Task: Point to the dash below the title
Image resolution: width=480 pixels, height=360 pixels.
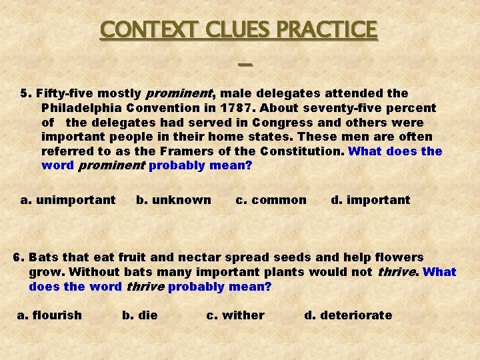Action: click(x=245, y=65)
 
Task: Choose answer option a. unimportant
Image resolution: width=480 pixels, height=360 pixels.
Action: click(x=68, y=200)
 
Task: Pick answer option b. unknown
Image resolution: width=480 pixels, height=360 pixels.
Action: click(x=173, y=200)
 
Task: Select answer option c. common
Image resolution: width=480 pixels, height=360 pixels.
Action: click(x=271, y=200)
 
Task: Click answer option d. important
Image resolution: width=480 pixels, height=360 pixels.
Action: click(x=371, y=200)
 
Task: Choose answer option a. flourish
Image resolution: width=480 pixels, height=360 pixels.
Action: click(x=49, y=315)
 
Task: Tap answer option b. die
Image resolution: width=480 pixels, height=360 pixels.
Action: click(x=140, y=315)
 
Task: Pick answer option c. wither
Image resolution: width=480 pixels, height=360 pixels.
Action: click(x=235, y=315)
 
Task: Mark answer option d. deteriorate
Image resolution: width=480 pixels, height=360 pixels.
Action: click(x=348, y=315)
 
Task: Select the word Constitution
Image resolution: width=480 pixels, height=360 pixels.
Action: click(x=302, y=152)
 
